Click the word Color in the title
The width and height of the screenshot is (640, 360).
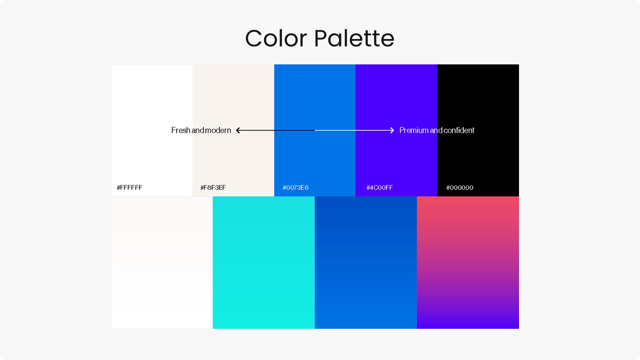click(276, 38)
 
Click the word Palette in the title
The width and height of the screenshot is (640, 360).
click(354, 38)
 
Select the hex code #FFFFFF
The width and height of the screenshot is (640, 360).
click(129, 187)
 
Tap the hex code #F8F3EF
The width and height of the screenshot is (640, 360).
click(213, 187)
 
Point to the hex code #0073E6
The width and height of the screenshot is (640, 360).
click(296, 187)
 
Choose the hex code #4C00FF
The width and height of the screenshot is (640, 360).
click(380, 187)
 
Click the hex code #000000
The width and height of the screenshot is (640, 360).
click(460, 187)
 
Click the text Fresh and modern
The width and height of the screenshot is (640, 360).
click(201, 130)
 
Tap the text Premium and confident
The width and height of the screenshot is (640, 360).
click(437, 130)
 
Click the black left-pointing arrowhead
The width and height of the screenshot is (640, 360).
click(238, 130)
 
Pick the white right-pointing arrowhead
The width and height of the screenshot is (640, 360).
click(392, 130)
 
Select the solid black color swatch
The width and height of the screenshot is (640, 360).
click(478, 130)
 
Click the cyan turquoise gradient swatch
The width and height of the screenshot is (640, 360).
click(264, 262)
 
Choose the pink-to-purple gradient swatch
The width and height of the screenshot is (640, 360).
click(468, 262)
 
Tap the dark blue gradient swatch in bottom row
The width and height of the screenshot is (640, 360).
click(366, 262)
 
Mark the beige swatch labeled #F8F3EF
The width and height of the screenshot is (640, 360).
click(234, 130)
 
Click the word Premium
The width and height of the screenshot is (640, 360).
click(414, 130)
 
